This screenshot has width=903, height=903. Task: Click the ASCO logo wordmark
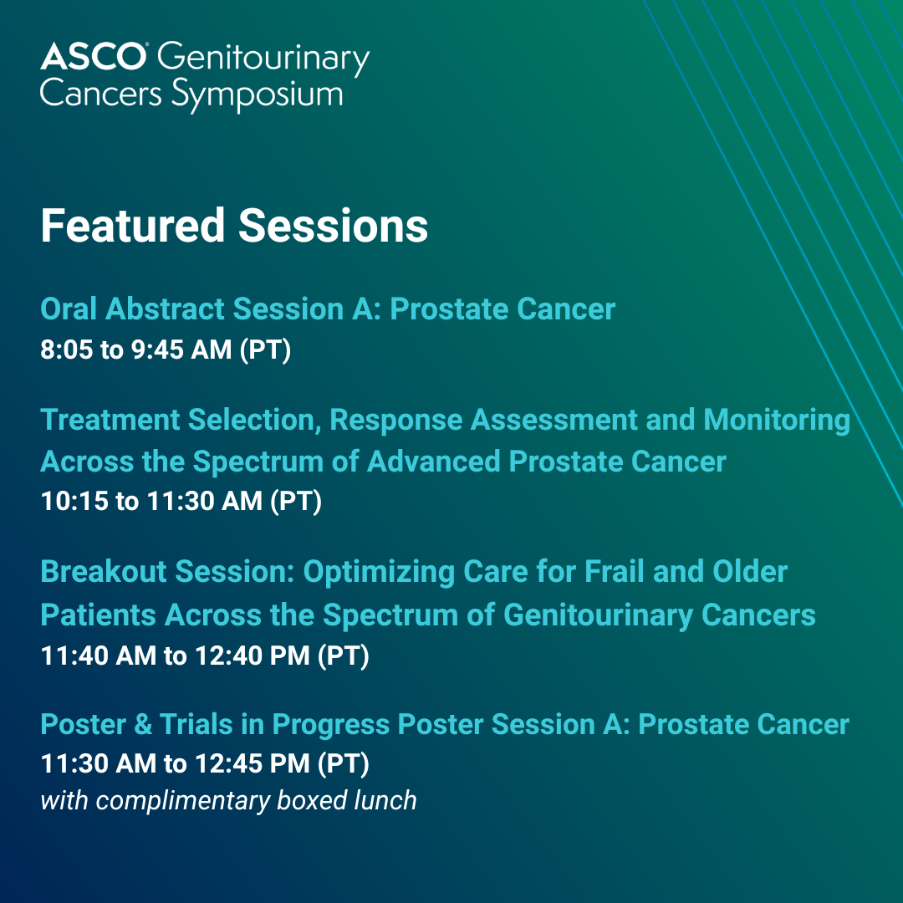(93, 57)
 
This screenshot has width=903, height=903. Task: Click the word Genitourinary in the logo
(263, 59)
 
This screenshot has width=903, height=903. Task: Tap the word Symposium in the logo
(258, 95)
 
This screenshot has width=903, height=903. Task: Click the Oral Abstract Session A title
(328, 309)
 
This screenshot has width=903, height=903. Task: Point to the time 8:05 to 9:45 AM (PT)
(166, 349)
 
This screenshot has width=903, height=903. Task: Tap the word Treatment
(110, 419)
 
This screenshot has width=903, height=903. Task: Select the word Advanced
(434, 462)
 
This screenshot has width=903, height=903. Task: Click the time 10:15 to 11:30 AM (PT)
(181, 501)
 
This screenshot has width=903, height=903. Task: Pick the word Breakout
(104, 571)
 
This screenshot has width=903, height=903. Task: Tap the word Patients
(98, 615)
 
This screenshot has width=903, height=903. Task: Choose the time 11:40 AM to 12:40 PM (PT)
(205, 656)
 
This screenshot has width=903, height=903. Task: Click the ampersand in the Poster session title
(143, 724)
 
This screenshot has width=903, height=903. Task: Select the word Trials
(196, 724)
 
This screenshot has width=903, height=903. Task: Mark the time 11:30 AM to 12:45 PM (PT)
(205, 764)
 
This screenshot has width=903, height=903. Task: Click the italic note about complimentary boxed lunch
(228, 801)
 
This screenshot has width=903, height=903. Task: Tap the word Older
(750, 571)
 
